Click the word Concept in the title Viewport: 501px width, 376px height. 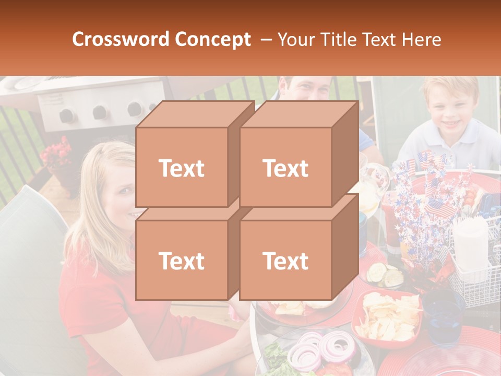coord(213,40)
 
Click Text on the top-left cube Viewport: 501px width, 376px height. coord(182,168)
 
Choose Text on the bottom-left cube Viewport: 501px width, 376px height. coord(182,261)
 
